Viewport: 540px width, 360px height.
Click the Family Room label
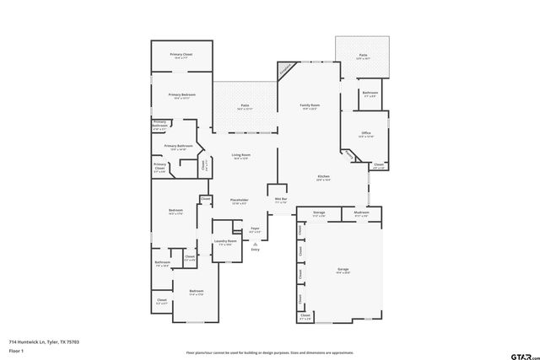click(309, 107)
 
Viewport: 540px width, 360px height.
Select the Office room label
click(365, 134)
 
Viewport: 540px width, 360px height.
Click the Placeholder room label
click(239, 201)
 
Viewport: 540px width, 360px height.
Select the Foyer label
click(255, 230)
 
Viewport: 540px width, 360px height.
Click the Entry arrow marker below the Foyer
click(255, 244)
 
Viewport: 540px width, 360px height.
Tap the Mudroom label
click(361, 214)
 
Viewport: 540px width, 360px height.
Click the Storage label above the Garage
click(319, 214)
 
